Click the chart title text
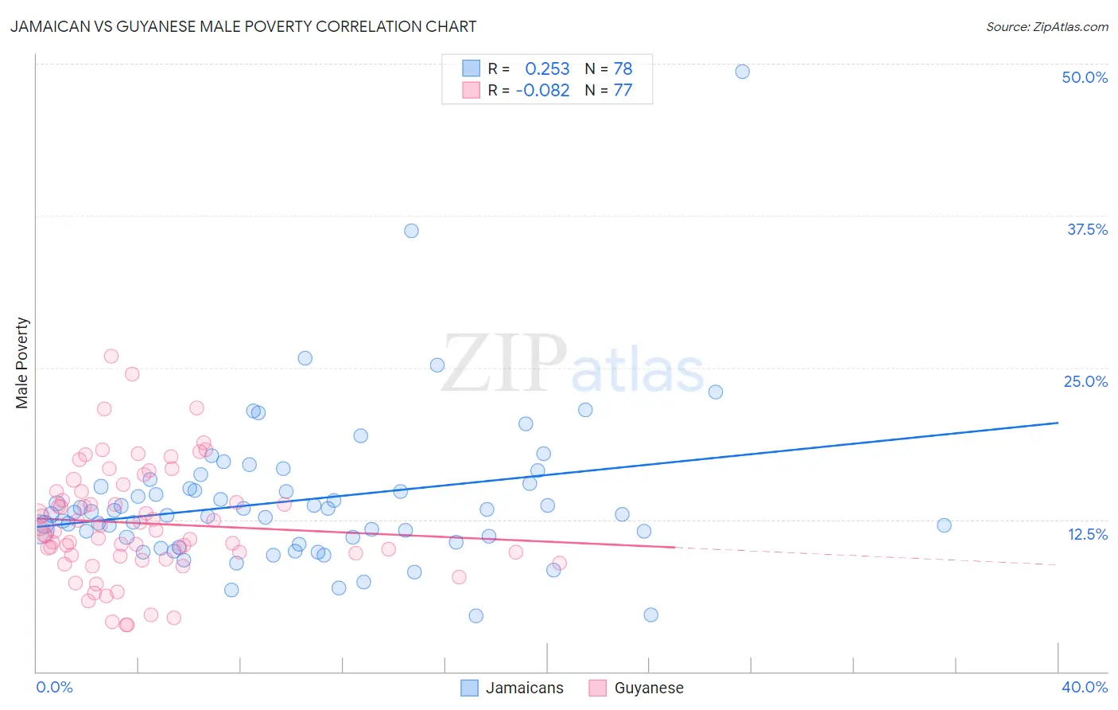coord(243,26)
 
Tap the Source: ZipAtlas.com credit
coord(1046,26)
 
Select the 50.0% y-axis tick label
coord(1085,77)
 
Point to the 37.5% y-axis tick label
coord(1087,229)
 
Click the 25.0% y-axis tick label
coord(1085,381)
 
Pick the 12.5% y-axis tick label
coord(1087,534)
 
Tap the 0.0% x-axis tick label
coord(54,687)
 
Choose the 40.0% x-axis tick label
coord(1085,687)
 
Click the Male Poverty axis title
coord(22,363)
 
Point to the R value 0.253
coord(547,68)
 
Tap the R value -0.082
coord(542,90)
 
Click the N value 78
coord(623,68)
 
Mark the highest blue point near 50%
coord(742,72)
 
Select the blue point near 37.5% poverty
coord(411,231)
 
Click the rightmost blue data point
coord(944,525)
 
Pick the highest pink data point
coord(111,356)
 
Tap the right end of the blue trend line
coord(1058,423)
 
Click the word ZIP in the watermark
coord(504,364)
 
